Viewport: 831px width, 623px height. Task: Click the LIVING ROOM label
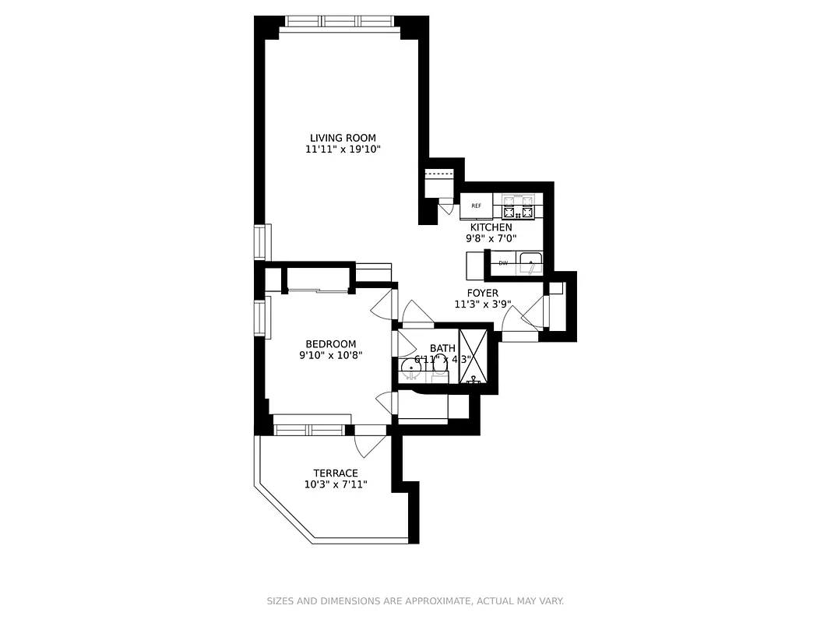[x=343, y=138]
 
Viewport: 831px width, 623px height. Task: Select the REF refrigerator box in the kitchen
[x=476, y=206]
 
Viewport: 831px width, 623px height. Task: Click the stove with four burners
[x=519, y=208]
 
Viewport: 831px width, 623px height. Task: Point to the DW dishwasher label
[x=503, y=263]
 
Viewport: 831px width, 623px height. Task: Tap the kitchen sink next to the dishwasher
[x=530, y=262]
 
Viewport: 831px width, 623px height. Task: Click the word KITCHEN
[x=491, y=227]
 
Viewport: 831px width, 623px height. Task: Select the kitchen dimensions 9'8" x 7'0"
[x=491, y=238]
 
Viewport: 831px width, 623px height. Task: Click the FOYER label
[x=482, y=293]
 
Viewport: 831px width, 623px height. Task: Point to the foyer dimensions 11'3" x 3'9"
[x=482, y=304]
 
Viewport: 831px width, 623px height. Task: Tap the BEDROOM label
[x=330, y=343]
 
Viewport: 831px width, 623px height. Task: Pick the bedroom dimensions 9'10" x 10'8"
[x=330, y=355]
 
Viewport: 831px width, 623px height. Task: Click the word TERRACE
[x=336, y=473]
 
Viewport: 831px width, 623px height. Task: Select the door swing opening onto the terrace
[x=369, y=445]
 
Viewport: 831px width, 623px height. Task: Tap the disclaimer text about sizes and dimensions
[x=415, y=601]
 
